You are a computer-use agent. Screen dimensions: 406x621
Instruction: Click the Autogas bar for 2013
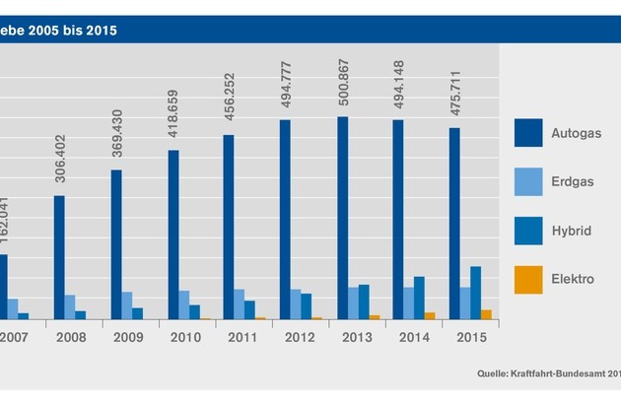(x=342, y=218)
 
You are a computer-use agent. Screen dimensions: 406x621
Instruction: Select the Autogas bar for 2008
(x=59, y=257)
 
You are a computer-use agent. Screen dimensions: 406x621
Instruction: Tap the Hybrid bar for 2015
(x=475, y=293)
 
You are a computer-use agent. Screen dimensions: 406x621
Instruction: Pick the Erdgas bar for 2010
(x=183, y=304)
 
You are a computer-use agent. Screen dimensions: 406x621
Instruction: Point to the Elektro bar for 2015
(x=486, y=314)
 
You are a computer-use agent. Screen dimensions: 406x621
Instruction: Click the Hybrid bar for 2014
(x=419, y=298)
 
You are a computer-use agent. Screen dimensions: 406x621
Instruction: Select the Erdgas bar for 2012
(x=295, y=304)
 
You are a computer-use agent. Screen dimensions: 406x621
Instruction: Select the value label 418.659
(x=172, y=126)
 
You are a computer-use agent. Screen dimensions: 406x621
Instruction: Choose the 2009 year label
(x=128, y=337)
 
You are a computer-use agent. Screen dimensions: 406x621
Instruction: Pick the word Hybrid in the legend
(x=573, y=231)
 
